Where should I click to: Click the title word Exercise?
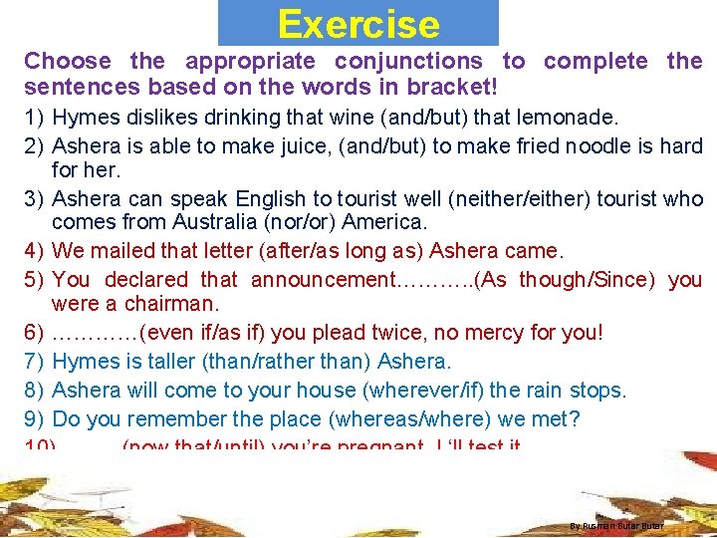pyautogui.click(x=358, y=24)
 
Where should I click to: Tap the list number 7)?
pyautogui.click(x=35, y=360)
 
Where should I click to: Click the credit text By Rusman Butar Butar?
pyautogui.click(x=616, y=525)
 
